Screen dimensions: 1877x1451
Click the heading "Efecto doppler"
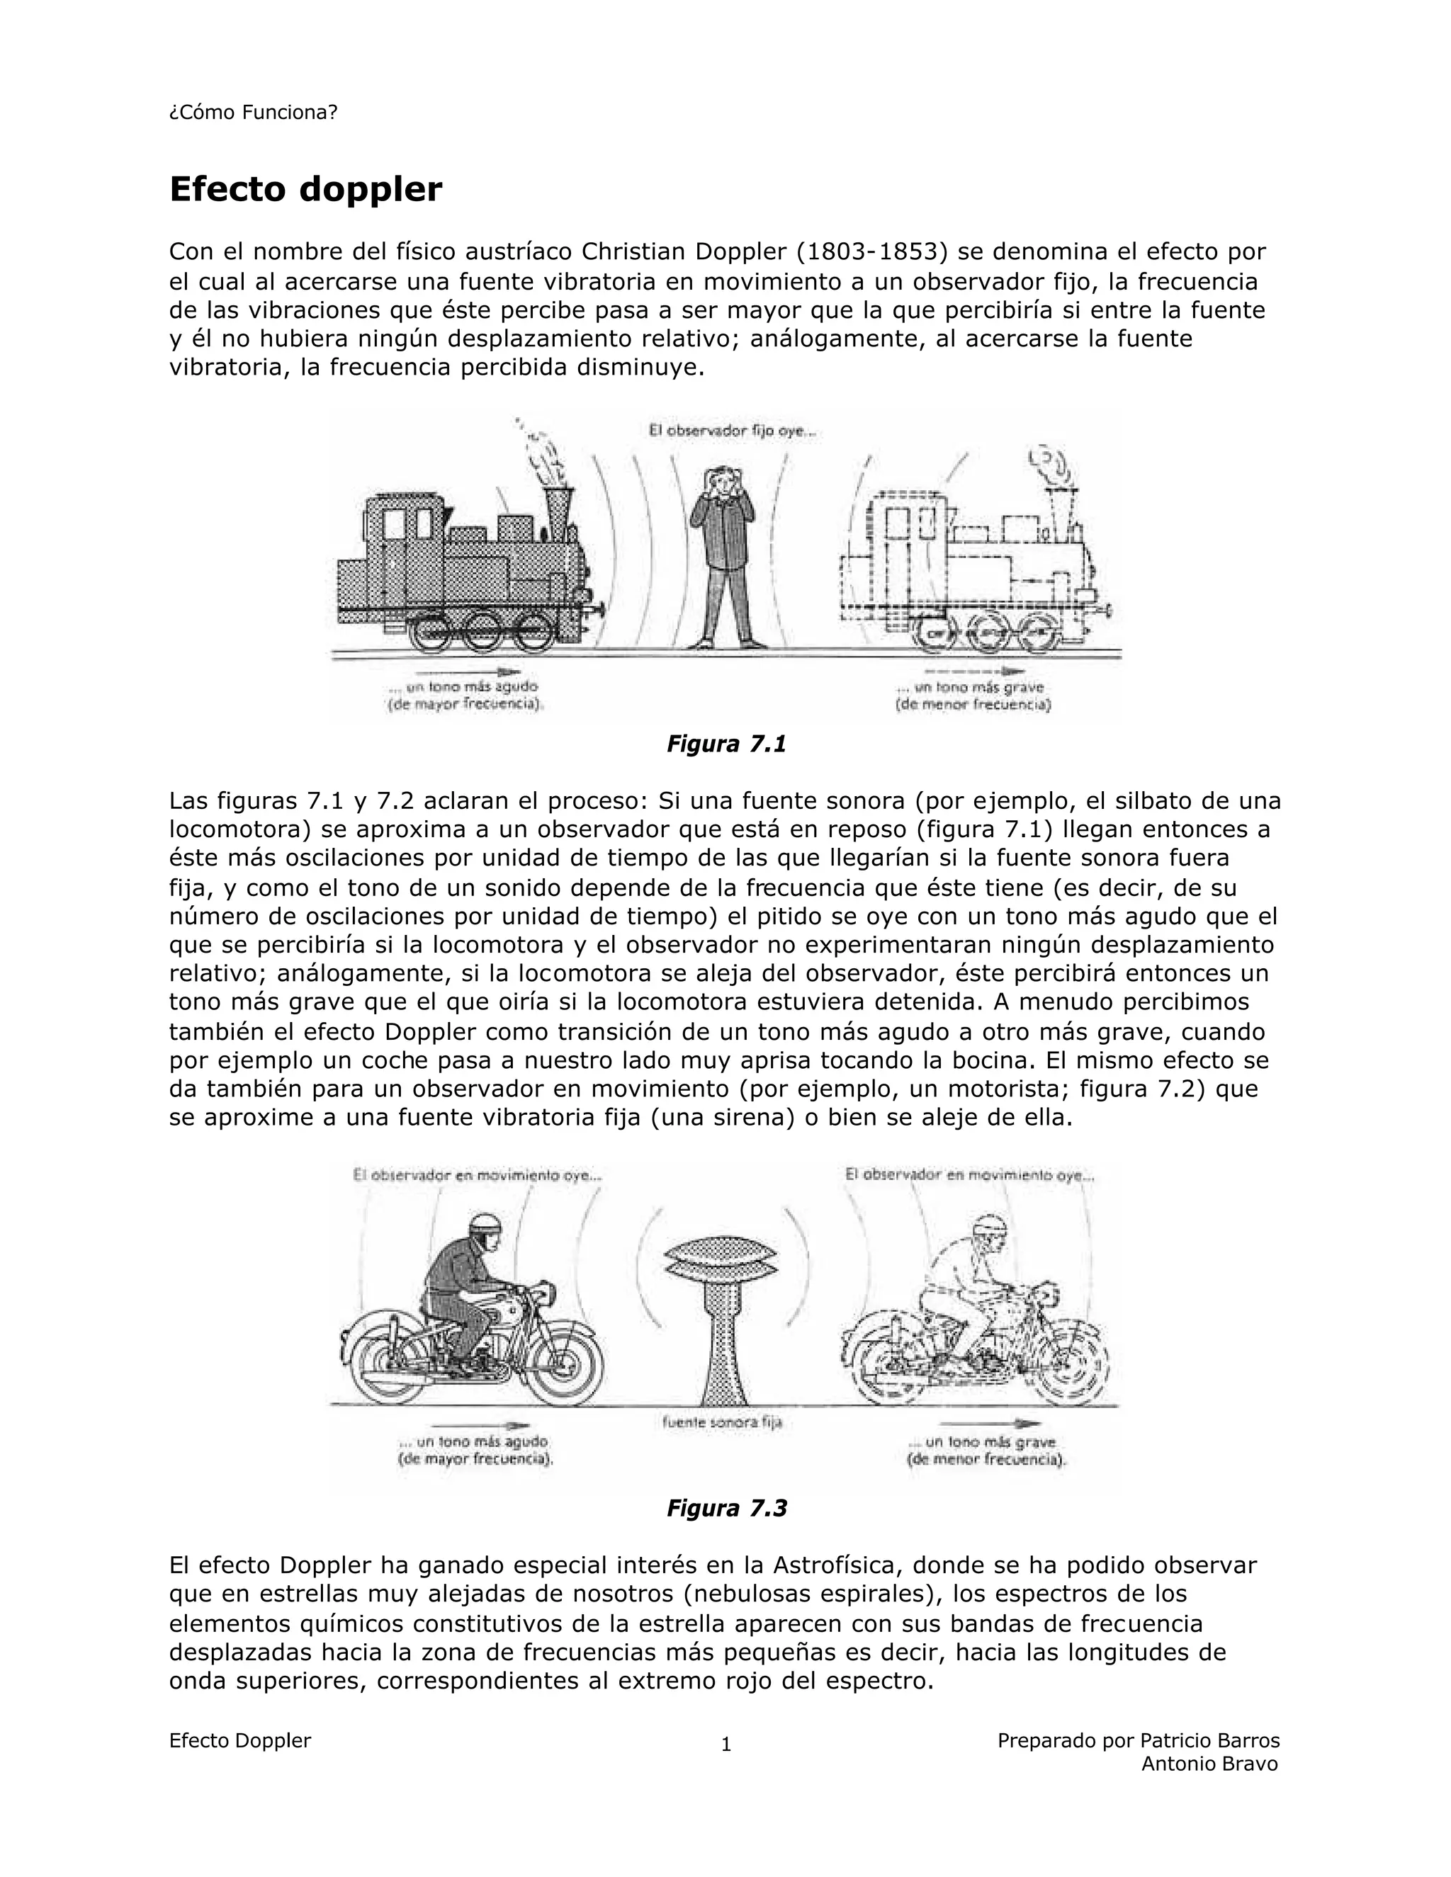305,189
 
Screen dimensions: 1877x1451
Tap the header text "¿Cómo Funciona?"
254,113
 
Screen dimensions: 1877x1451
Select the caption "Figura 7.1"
726,744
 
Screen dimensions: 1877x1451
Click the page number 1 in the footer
725,1744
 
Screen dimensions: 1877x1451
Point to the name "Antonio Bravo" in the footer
1209,1764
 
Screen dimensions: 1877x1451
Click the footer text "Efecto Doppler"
240,1740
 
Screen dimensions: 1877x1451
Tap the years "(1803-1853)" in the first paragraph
871,252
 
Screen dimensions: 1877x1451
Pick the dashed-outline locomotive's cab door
896,567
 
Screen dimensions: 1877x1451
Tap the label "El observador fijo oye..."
731,431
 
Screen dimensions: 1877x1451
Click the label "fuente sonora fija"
722,1422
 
